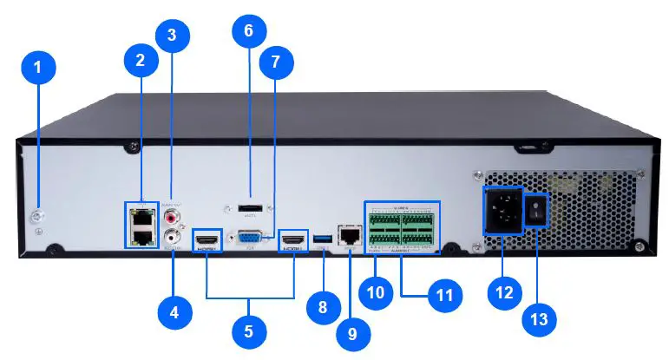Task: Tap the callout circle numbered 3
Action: [172, 36]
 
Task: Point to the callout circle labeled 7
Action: [276, 62]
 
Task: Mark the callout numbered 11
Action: [445, 295]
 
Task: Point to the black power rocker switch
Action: [538, 207]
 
